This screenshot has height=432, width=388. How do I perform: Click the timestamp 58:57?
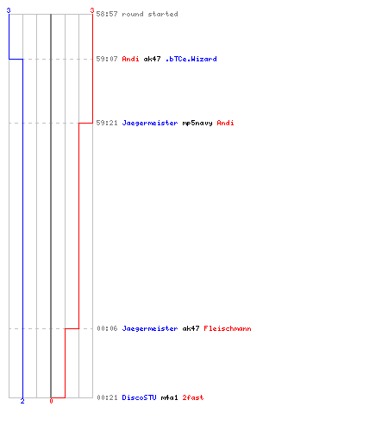coord(107,14)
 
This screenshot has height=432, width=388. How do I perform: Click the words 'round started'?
coord(150,14)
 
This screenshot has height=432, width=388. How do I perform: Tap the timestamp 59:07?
coord(107,59)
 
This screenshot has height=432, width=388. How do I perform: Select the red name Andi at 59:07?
coord(130,59)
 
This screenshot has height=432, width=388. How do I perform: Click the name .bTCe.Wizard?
coord(191,59)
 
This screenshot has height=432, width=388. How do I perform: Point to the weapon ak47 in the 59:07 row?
coord(152,59)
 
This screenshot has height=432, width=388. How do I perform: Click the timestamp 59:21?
coord(107,123)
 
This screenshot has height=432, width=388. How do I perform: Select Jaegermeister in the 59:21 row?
coord(150,123)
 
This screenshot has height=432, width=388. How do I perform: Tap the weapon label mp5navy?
coord(197,124)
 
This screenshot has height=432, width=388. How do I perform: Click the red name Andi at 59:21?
coord(225,123)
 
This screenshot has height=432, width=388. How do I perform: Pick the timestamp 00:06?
coord(107,328)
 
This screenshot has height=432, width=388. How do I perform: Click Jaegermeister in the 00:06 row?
coord(150,328)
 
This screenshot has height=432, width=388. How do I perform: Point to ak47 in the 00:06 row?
coord(191,328)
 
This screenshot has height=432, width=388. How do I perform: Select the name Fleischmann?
coord(228,328)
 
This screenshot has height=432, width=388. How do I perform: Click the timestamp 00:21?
coord(107,397)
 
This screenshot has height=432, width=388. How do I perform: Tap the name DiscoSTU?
coord(139,397)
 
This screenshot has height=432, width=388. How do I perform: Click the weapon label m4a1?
coord(169,397)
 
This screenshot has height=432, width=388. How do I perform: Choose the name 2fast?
coord(193,397)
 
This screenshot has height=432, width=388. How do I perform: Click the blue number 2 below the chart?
coord(22,401)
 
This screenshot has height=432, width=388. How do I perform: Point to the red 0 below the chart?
coord(51,401)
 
